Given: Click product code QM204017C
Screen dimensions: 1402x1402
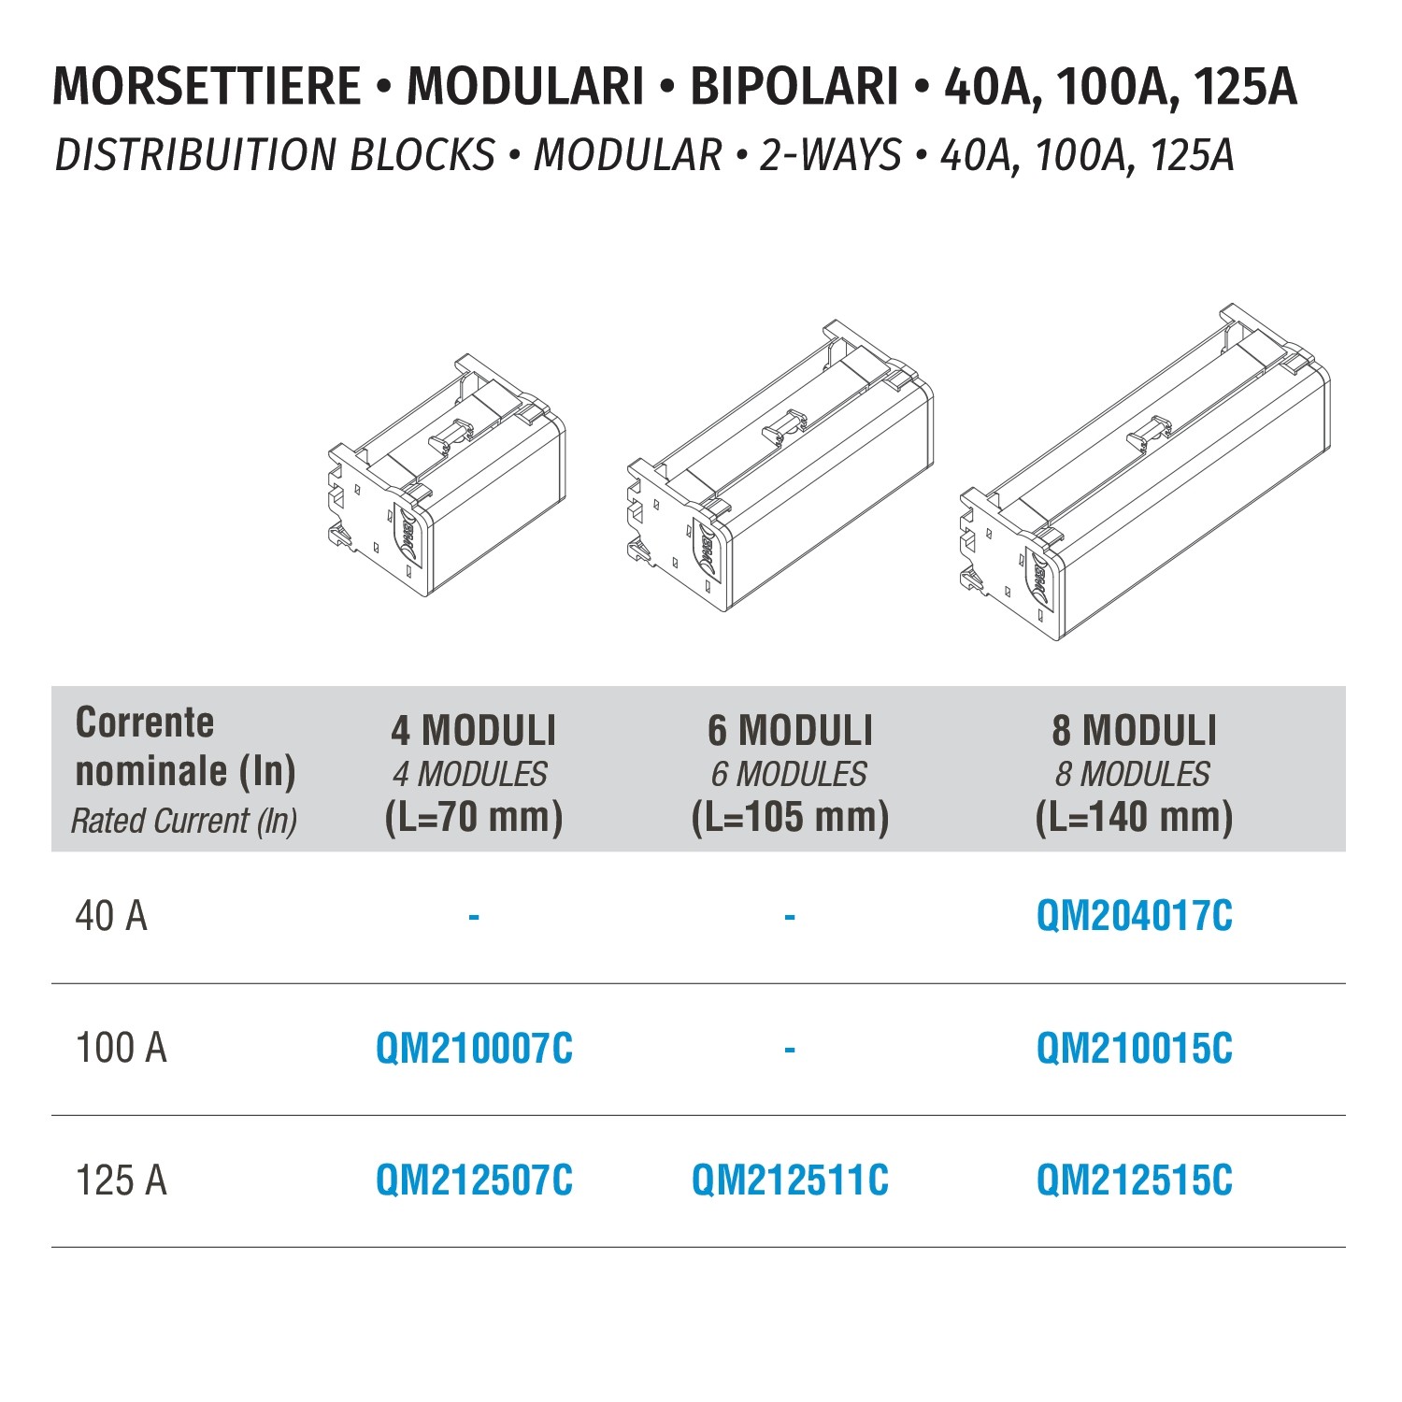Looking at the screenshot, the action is pyautogui.click(x=1134, y=916).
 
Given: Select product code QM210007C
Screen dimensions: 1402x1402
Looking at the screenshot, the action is pyautogui.click(x=474, y=1049).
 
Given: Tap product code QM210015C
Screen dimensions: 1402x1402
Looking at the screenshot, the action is pyautogui.click(x=1134, y=1049).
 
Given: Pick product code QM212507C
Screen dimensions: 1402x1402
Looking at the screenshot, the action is pyautogui.click(x=474, y=1180).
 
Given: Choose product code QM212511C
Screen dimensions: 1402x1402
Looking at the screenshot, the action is pyautogui.click(x=790, y=1180).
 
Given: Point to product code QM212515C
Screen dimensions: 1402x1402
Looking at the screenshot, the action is pyautogui.click(x=1134, y=1180).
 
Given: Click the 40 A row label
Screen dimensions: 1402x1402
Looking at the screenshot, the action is pyautogui.click(x=111, y=916).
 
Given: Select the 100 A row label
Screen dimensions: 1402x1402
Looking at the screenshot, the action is pyautogui.click(x=121, y=1049).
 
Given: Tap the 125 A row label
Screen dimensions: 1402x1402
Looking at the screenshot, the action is pyautogui.click(x=121, y=1180).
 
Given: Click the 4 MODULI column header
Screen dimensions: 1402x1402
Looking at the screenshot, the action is pyautogui.click(x=474, y=730).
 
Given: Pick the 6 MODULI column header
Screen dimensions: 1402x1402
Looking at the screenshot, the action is pyautogui.click(x=790, y=730).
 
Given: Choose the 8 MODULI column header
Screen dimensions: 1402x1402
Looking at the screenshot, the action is pyautogui.click(x=1134, y=730).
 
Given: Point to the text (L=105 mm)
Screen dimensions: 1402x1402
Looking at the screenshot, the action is pyautogui.click(x=790, y=818).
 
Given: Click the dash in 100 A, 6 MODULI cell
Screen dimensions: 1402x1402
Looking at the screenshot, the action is pyautogui.click(x=790, y=1050).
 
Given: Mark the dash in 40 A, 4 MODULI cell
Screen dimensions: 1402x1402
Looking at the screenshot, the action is pyautogui.click(x=474, y=917).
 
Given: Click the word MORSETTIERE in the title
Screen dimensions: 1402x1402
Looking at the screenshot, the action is pyautogui.click(x=207, y=86).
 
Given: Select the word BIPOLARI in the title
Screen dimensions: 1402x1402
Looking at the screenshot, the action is pyautogui.click(x=794, y=86).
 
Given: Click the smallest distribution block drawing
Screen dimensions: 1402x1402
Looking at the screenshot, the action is pyautogui.click(x=447, y=475).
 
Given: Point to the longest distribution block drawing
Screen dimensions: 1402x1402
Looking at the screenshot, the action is pyautogui.click(x=1145, y=472).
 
